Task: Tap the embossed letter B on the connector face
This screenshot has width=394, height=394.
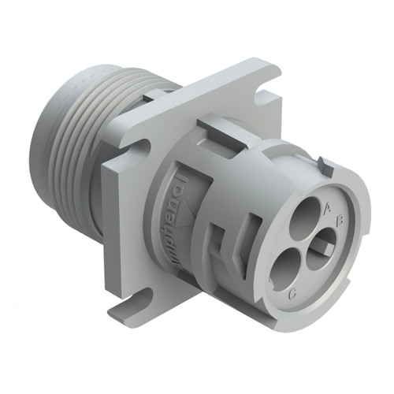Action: [x=336, y=222]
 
